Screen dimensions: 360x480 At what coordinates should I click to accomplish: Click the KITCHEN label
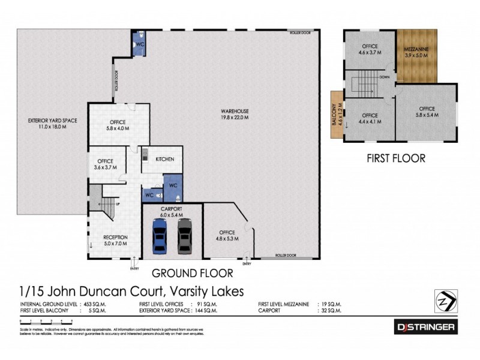pyautogui.click(x=165, y=159)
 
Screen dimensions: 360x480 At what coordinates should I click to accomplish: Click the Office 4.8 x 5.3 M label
pyautogui.click(x=227, y=235)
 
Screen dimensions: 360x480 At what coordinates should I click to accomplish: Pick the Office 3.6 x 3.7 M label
pyautogui.click(x=106, y=164)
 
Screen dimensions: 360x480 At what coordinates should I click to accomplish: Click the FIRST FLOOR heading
pyautogui.click(x=395, y=159)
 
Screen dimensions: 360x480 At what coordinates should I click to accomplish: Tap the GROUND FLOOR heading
pyautogui.click(x=192, y=274)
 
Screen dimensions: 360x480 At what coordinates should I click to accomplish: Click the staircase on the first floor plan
pyautogui.click(x=365, y=84)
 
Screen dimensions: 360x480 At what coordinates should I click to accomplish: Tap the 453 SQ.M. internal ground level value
pyautogui.click(x=92, y=304)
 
